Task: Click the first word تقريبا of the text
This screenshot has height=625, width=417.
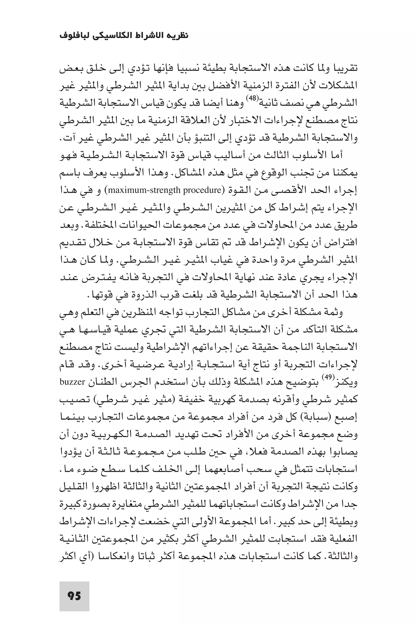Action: [345, 69]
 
